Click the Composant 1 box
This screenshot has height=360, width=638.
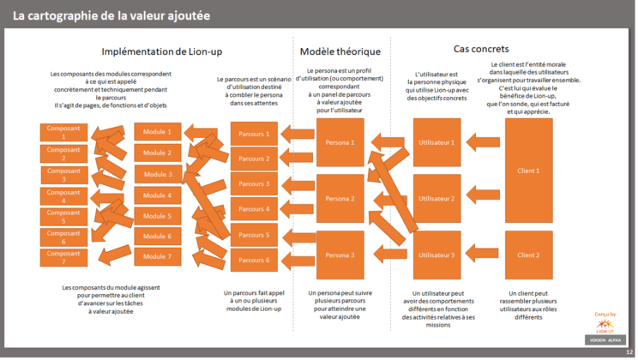tap(63, 132)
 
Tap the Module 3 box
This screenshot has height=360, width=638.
tap(158, 174)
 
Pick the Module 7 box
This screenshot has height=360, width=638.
tap(158, 256)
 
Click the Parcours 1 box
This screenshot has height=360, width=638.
tap(254, 134)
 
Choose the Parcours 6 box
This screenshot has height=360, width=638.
tap(254, 260)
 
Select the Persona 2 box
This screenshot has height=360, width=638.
tap(340, 199)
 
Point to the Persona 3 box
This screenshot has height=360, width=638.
tap(340, 255)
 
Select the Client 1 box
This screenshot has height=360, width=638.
tap(528, 171)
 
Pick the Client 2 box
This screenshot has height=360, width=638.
tap(528, 255)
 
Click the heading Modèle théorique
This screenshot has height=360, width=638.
tap(340, 51)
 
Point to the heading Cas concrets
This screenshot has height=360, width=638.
tap(481, 49)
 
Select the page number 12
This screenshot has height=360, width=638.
tap(629, 352)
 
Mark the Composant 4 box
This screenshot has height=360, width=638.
tap(63, 195)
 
